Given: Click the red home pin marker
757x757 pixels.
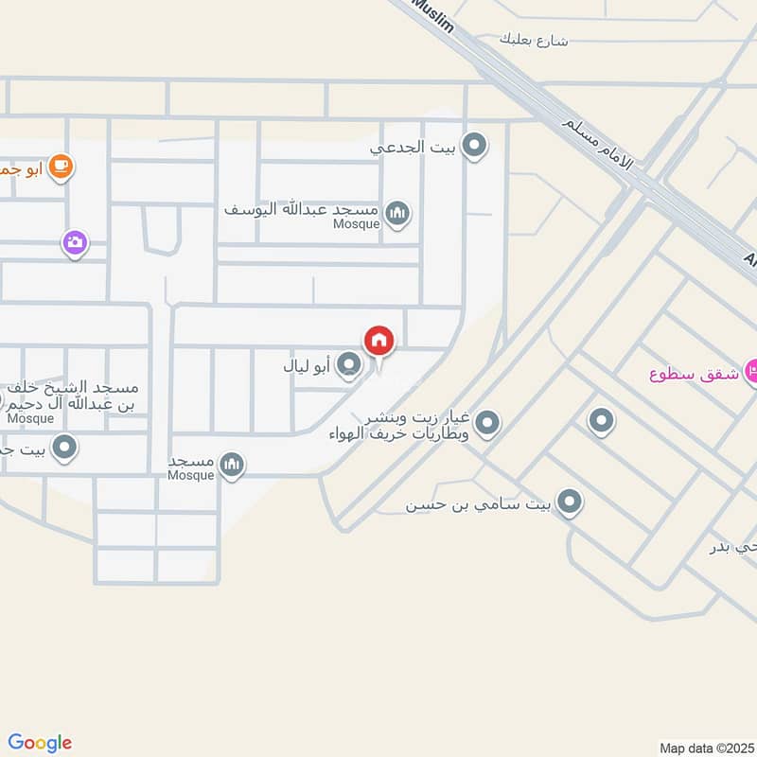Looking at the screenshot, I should coord(378,341).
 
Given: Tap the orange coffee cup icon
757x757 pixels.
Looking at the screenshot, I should coord(62,167).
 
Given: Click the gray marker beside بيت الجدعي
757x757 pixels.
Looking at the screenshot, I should coord(475,147).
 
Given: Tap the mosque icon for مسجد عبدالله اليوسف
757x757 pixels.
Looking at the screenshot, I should coord(398,214).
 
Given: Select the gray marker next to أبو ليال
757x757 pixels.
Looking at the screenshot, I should coord(349,363).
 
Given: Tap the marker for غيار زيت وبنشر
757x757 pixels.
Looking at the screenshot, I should coord(487,423).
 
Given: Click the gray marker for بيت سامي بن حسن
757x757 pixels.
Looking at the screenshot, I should coord(569,502).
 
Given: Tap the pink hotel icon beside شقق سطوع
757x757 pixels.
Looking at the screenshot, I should coord(753,371).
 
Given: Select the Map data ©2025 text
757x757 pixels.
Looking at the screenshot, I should coord(705,747).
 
